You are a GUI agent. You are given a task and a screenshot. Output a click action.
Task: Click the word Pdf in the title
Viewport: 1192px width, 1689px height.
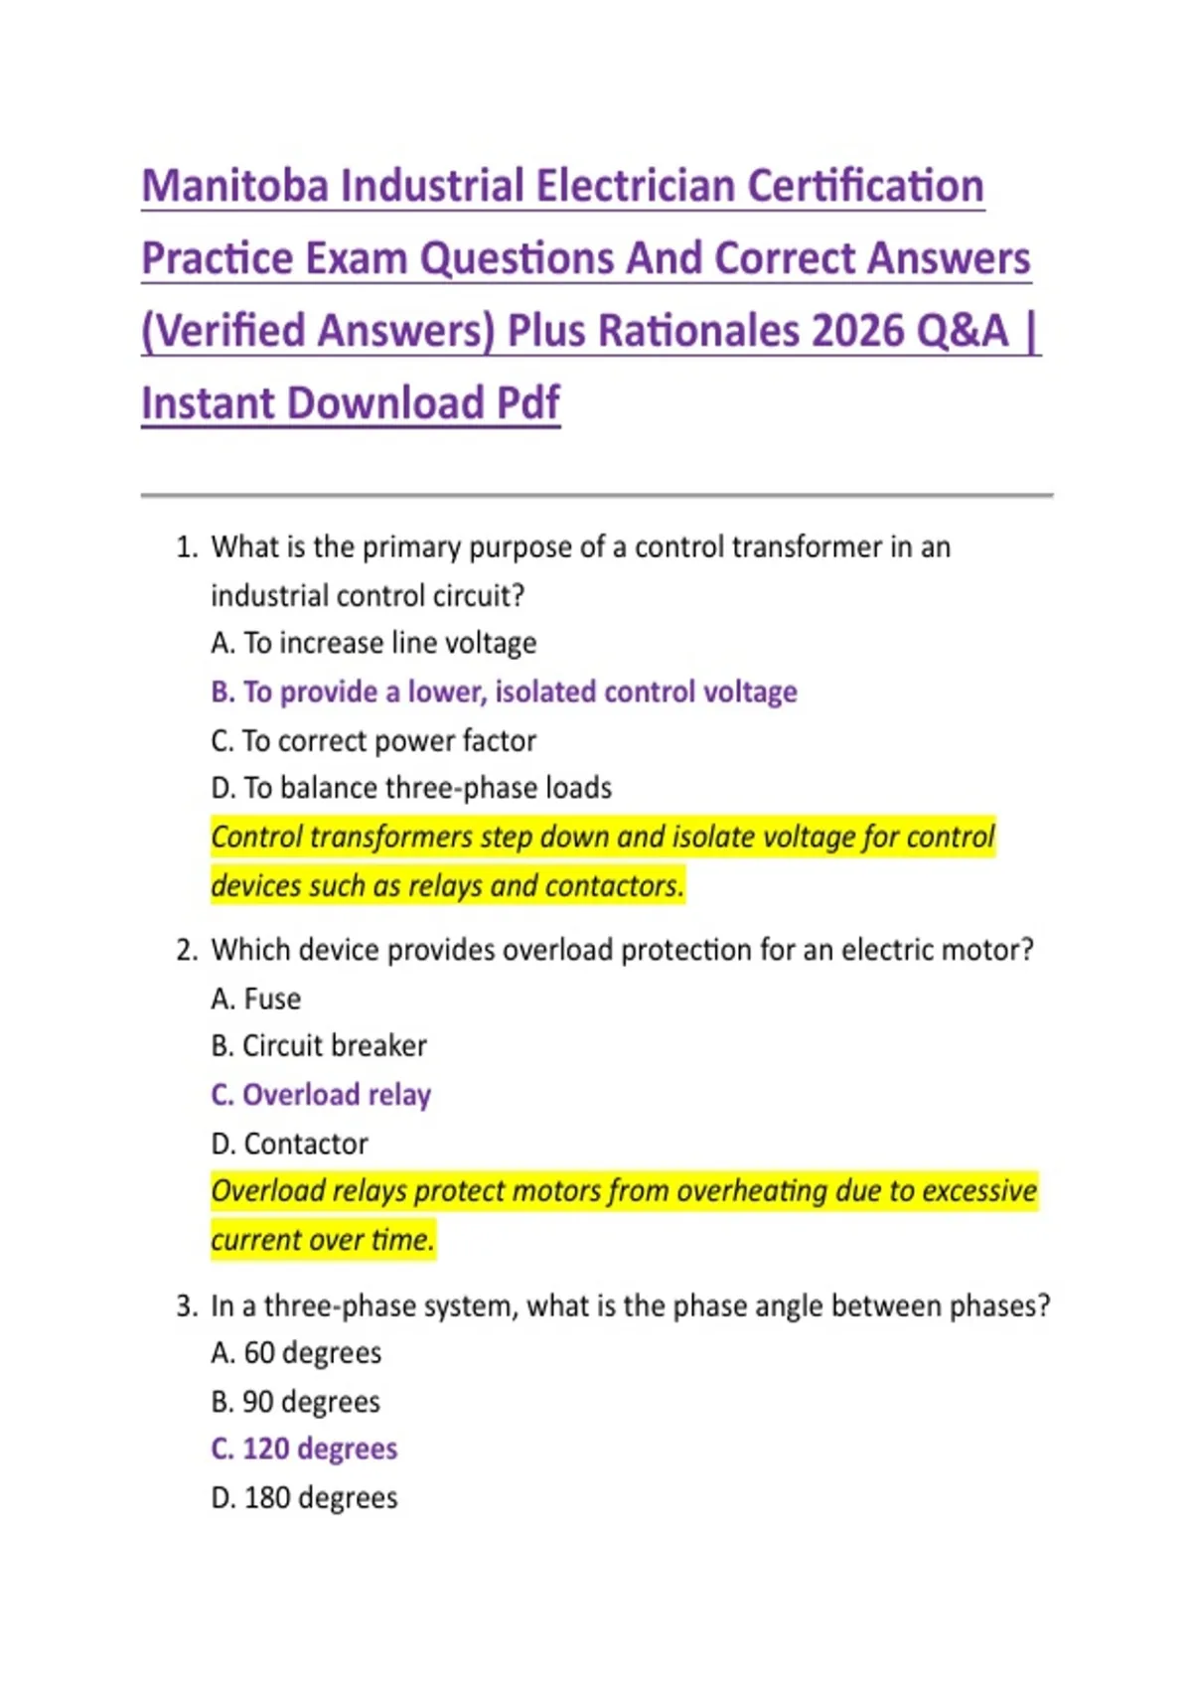tap(527, 404)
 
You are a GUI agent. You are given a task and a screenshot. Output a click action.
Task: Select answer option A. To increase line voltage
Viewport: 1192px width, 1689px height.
tap(373, 644)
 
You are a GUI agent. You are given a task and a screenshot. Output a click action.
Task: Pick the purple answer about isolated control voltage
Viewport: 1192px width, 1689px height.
tap(504, 692)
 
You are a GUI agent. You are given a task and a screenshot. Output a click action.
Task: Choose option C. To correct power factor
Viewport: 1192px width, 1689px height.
tap(373, 741)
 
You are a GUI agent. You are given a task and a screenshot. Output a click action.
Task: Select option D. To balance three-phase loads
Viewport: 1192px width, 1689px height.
tap(411, 789)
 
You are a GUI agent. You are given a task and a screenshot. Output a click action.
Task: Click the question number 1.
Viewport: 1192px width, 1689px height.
tap(186, 547)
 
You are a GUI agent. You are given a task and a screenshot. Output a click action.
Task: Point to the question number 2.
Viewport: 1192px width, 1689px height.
tap(186, 951)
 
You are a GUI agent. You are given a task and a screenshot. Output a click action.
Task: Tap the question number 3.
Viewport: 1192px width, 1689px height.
tap(186, 1306)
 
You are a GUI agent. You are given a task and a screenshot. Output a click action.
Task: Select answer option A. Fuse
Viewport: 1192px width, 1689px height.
tap(256, 999)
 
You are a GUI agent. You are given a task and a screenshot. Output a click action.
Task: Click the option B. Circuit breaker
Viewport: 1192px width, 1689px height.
tap(319, 1046)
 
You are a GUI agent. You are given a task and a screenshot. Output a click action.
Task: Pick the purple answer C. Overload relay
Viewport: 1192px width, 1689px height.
tap(321, 1095)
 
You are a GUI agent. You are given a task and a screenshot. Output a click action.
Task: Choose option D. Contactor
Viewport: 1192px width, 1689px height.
tap(289, 1145)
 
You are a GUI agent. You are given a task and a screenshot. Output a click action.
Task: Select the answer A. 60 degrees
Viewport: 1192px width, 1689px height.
tap(296, 1353)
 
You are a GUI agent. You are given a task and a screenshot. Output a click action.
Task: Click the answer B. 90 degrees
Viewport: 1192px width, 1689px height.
tap(295, 1402)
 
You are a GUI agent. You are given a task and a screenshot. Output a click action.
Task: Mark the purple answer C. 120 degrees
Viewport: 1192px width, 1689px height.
tap(304, 1450)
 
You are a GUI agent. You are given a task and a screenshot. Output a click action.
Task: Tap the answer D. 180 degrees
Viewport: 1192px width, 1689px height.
tap(304, 1498)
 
